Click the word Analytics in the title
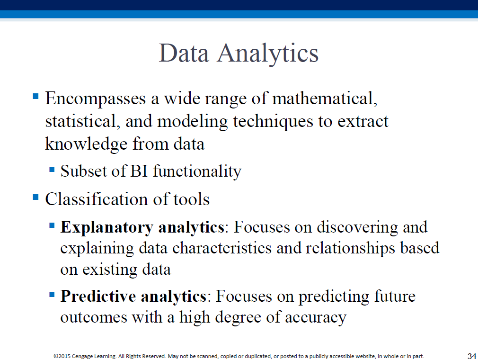[x=268, y=54]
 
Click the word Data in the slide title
[x=184, y=53]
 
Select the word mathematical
[x=325, y=98]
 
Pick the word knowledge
[x=86, y=144]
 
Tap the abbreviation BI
[x=139, y=171]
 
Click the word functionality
[x=197, y=171]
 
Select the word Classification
[x=97, y=199]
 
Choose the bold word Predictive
[x=98, y=296]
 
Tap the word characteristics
[x=222, y=248]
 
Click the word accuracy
[x=316, y=318]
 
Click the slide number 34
[x=471, y=356]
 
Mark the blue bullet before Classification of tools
[x=35, y=197]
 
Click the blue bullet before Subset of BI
[x=52, y=169]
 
